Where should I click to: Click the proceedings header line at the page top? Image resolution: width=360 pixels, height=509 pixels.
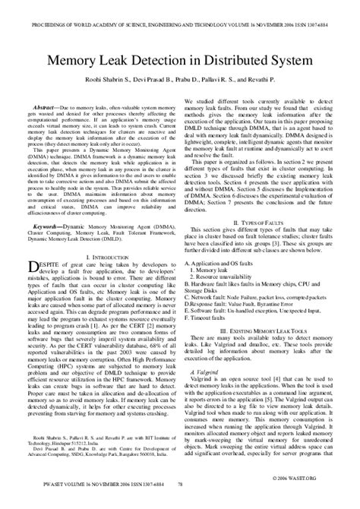point(179,7)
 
